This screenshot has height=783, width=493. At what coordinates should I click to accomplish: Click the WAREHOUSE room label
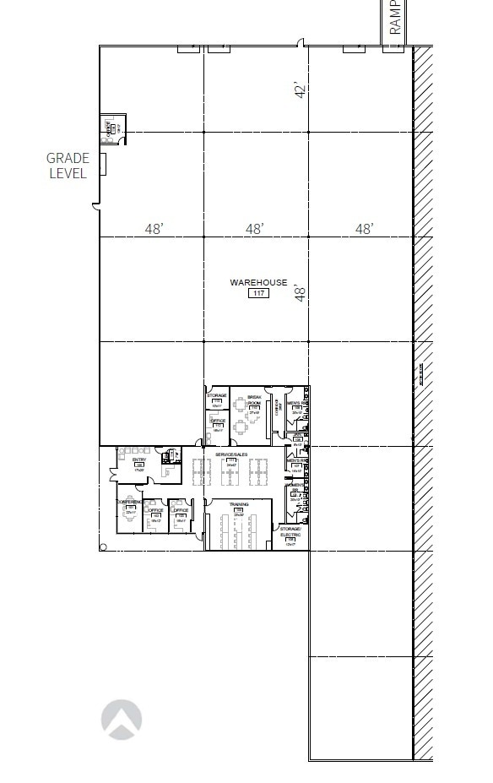click(x=258, y=283)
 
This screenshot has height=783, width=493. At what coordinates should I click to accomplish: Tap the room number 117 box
click(x=258, y=293)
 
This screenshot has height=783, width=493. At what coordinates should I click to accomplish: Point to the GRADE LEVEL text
click(x=67, y=166)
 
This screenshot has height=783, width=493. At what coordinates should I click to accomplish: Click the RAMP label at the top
click(x=396, y=17)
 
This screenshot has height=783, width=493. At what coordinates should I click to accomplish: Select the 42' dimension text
click(x=299, y=89)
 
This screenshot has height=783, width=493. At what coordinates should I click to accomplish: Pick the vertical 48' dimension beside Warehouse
click(x=299, y=293)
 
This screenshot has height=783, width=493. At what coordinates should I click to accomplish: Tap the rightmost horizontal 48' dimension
click(x=364, y=229)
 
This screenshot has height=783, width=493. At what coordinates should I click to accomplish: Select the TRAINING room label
click(x=238, y=503)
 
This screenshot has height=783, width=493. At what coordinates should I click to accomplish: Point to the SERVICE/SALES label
click(x=230, y=454)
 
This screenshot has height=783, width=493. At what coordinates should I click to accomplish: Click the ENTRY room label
click(x=138, y=459)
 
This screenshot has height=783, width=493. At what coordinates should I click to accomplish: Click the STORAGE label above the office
click(x=217, y=394)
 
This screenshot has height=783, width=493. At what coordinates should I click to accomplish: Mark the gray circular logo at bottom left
click(x=122, y=720)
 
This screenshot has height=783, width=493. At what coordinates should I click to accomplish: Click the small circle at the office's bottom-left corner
click(x=103, y=547)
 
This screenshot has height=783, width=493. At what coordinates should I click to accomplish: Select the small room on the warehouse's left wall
click(x=111, y=127)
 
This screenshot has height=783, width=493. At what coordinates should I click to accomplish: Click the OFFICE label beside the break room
click(x=218, y=421)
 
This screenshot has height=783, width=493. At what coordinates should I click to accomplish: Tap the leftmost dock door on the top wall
click(x=187, y=49)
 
